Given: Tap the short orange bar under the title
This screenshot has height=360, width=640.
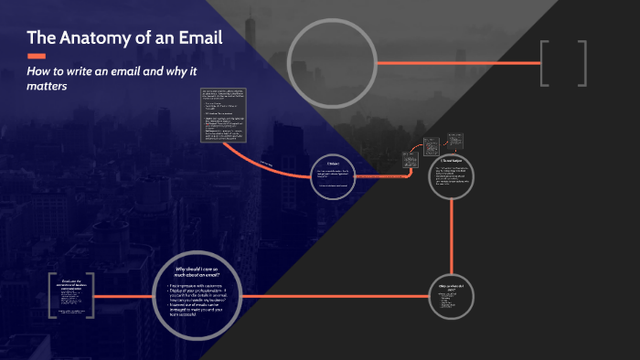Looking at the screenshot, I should pyautogui.click(x=37, y=57).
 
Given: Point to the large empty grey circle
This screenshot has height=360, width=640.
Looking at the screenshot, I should pyautogui.click(x=332, y=63).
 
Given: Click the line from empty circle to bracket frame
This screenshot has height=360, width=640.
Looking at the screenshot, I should pyautogui.click(x=458, y=63).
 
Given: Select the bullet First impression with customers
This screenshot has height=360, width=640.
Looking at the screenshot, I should pyautogui.click(x=204, y=287).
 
